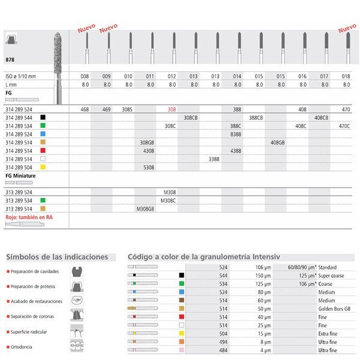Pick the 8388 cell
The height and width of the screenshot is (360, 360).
[236, 134]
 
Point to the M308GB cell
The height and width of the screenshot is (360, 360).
[146, 209]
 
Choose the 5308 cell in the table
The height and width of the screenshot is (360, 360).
[149, 167]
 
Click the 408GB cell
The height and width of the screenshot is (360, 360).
[278, 143]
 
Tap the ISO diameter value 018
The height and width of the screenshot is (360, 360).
[346, 77]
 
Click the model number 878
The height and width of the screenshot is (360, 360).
[10, 61]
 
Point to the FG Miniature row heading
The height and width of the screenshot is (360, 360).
[20, 176]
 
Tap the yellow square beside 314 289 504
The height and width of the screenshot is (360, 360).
[43, 167]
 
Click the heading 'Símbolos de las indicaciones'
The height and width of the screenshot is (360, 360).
[57, 257]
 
